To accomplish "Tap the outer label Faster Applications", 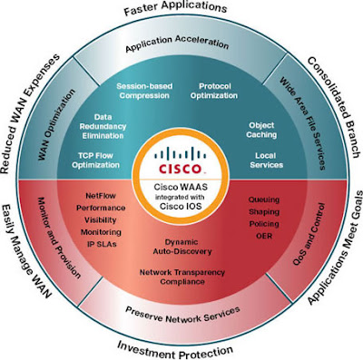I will [x=182, y=11].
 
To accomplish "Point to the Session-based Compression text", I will [x=145, y=92].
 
